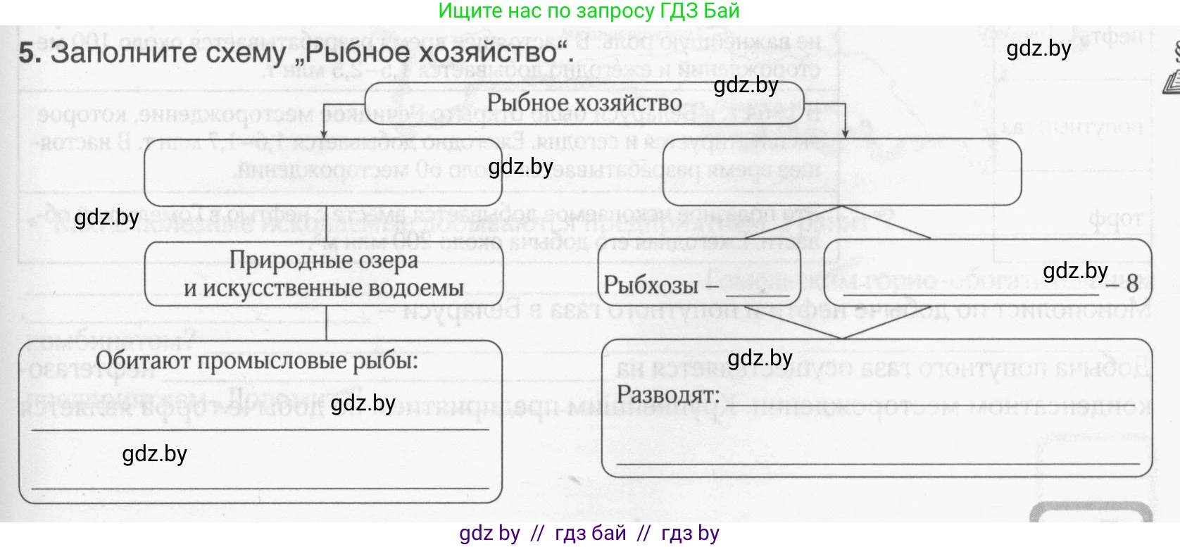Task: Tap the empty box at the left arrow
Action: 323,171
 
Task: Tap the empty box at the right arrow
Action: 841,171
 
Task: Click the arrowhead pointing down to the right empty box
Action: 844,133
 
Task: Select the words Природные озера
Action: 323,260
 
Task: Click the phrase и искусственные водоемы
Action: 323,288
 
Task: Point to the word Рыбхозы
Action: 651,286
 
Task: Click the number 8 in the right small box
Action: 1132,284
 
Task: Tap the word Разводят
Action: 668,394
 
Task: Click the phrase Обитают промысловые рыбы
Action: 257,360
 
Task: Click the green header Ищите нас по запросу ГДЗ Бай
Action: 589,11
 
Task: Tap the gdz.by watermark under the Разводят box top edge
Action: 760,358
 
